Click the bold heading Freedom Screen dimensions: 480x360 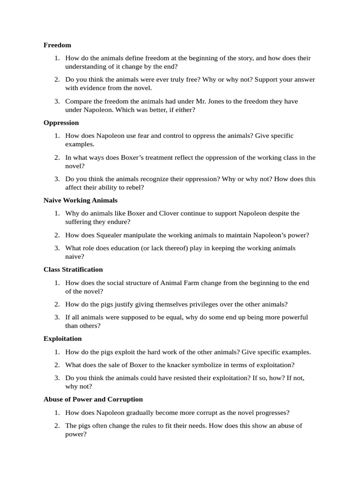coord(57,45)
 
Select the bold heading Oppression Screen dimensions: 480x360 coord(61,122)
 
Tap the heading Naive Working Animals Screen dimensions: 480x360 coord(80,200)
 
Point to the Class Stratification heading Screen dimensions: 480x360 coord(73,270)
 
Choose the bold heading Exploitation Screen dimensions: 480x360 coord(62,338)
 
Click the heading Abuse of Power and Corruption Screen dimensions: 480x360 coord(93,399)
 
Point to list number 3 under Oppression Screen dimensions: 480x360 coord(57,179)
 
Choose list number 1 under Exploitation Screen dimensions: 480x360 coord(57,352)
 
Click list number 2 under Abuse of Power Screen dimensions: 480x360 coord(57,426)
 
